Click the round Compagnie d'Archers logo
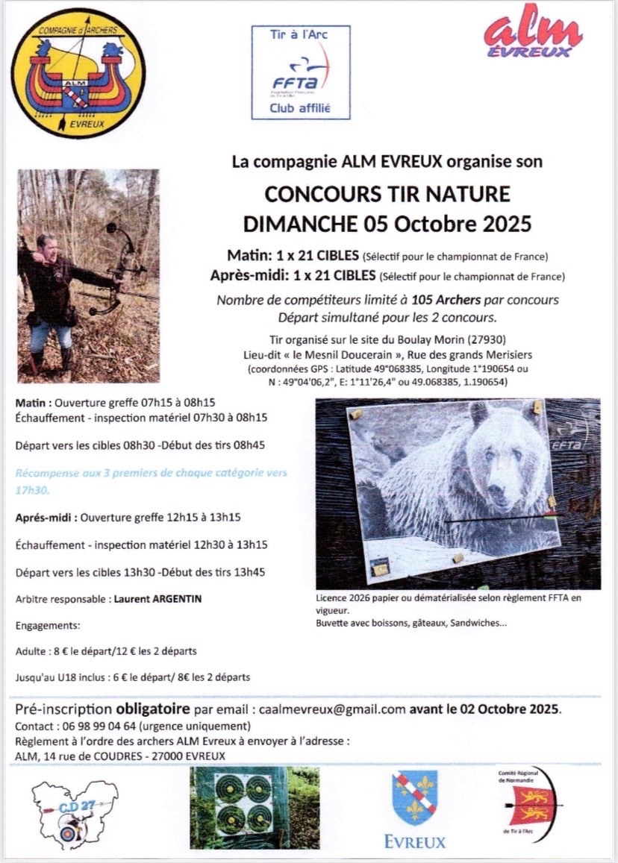78,74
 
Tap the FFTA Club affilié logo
300,72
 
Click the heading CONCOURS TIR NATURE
387,195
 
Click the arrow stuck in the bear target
508,518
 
